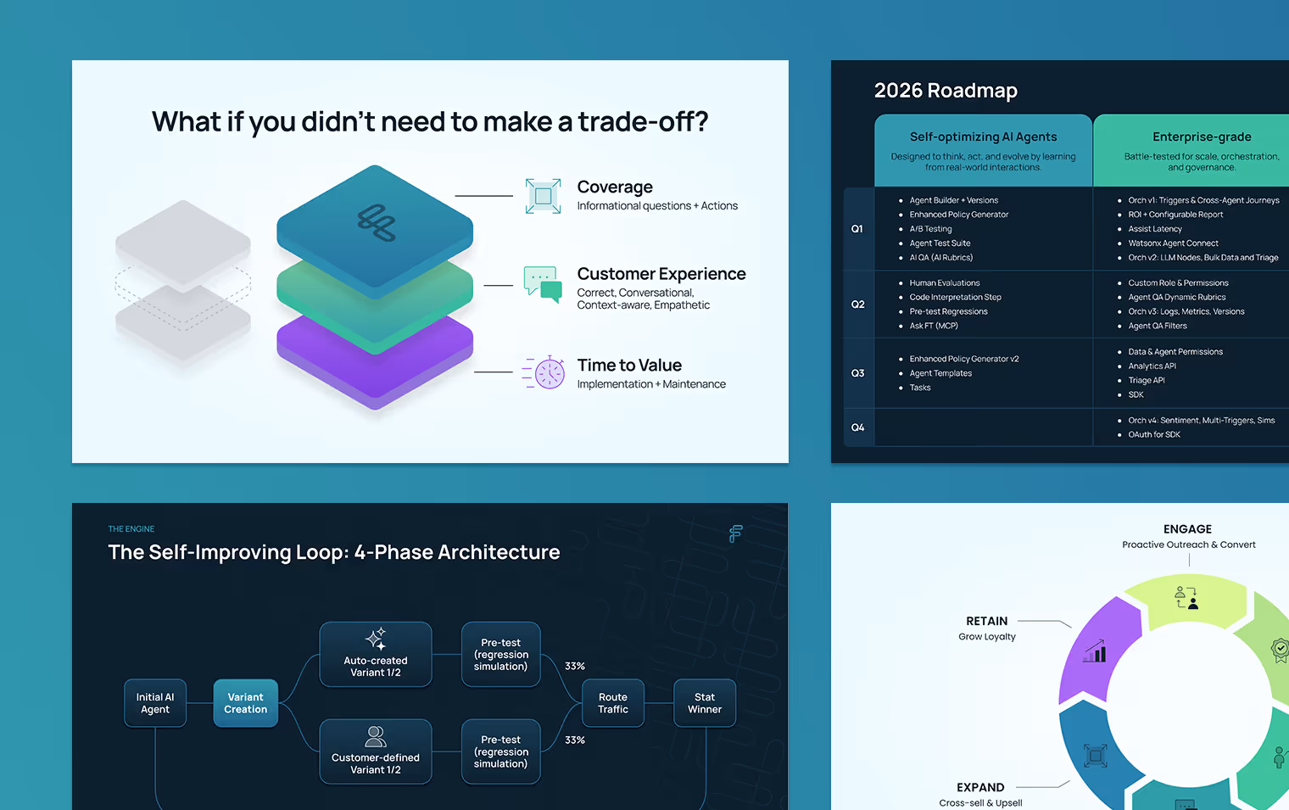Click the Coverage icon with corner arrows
pos(543,196)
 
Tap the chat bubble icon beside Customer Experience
pos(543,284)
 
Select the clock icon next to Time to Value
pos(545,372)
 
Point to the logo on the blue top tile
pos(377,222)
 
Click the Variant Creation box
pos(246,703)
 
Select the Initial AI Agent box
pos(155,703)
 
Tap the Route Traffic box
pos(613,703)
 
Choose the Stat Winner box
pos(705,703)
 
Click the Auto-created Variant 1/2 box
pos(376,654)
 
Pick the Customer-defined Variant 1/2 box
pos(376,751)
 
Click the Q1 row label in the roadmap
pos(857,229)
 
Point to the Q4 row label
pos(857,427)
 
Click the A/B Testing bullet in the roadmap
pos(930,229)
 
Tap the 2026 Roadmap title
pos(946,91)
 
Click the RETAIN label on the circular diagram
pos(987,621)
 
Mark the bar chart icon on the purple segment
pos(1095,651)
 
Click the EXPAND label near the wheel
pos(980,787)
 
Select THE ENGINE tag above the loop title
pos(131,529)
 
